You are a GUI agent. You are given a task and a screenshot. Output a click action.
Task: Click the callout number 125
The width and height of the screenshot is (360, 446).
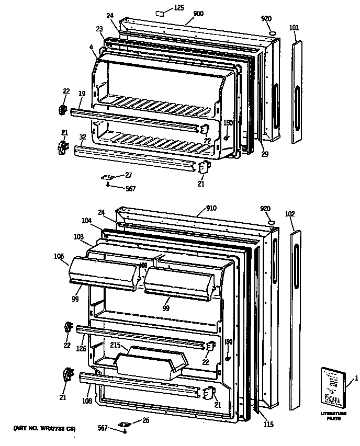pyautogui.click(x=179, y=7)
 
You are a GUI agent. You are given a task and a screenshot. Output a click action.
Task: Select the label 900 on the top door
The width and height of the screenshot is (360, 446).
pyautogui.click(x=198, y=14)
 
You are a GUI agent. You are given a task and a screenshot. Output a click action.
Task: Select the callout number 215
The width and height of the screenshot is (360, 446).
pyautogui.click(x=116, y=346)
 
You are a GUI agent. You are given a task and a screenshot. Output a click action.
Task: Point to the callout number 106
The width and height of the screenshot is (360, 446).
pyautogui.click(x=59, y=256)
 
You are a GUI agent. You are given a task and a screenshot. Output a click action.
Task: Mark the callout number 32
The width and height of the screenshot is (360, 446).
pyautogui.click(x=83, y=136)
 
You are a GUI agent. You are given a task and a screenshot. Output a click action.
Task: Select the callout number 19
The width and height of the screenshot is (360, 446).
pyautogui.click(x=82, y=94)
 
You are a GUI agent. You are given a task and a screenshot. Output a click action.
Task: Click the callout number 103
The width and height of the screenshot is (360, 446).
pyautogui.click(x=78, y=237)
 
